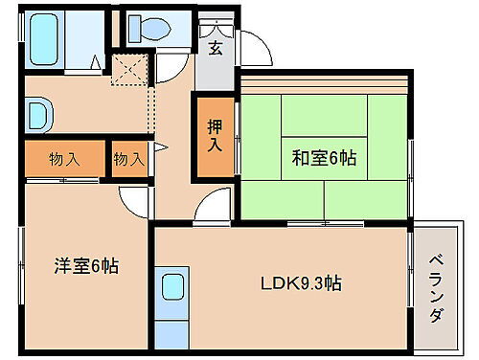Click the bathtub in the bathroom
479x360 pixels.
(x=43, y=41)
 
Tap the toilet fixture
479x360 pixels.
(x=149, y=27)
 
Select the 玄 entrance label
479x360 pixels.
(x=216, y=48)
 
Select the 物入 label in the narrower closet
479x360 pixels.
(x=128, y=159)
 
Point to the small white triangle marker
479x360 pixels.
(x=162, y=147)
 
